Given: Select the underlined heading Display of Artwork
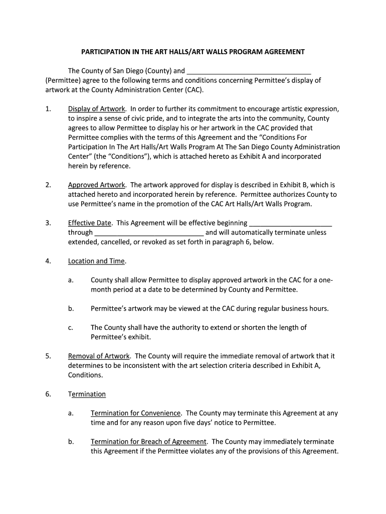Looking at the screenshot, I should click(x=96, y=109).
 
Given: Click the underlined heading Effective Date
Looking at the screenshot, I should click(x=90, y=223).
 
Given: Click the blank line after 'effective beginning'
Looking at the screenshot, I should click(x=291, y=223).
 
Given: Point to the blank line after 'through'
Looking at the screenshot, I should click(x=149, y=233).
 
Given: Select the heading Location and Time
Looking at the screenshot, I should click(x=96, y=261).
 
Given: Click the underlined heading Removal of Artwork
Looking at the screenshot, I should click(x=99, y=356).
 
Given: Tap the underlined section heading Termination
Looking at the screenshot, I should click(x=87, y=394).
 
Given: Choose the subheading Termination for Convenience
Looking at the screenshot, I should click(x=135, y=413).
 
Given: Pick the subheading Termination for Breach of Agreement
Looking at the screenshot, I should click(x=148, y=442).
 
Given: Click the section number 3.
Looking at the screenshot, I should click(x=48, y=223).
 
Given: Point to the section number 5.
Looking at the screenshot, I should click(x=48, y=356).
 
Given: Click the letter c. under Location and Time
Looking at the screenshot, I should click(x=71, y=328).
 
